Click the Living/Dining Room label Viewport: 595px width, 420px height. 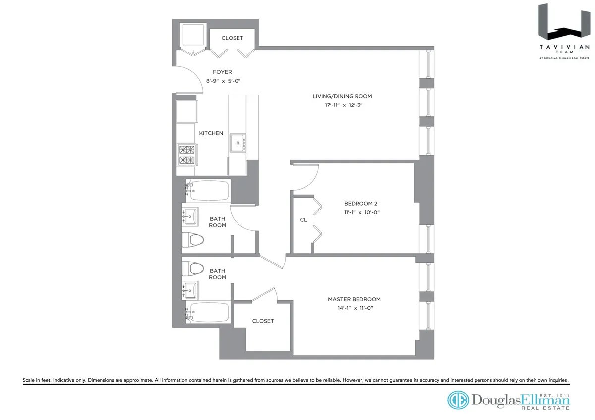point(342,96)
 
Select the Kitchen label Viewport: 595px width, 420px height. point(211,133)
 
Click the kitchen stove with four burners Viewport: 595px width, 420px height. point(187,155)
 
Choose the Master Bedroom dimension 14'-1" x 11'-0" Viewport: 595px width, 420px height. point(354,308)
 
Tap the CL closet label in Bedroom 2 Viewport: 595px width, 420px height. point(303,219)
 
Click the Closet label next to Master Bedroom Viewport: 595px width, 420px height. point(263,321)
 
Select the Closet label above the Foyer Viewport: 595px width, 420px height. point(232,38)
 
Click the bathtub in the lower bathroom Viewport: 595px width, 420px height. point(208,313)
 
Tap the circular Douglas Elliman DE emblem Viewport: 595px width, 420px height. point(458,400)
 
